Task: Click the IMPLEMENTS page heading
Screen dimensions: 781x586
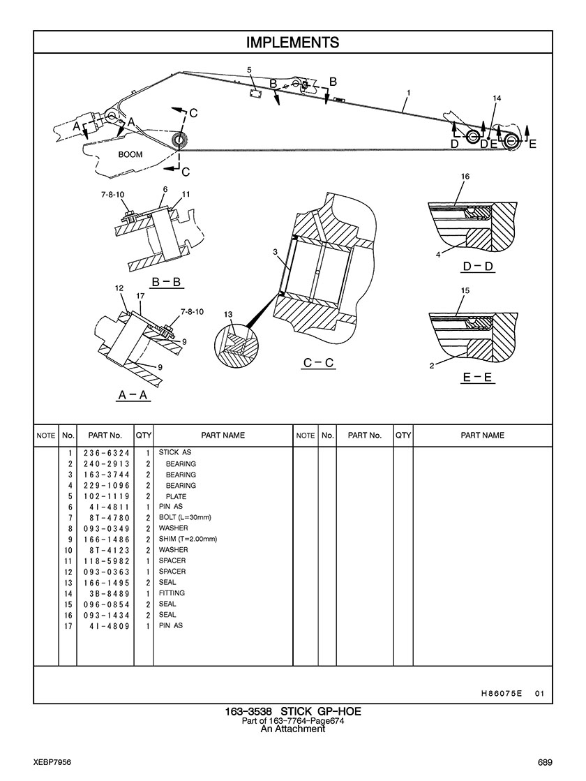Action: pyautogui.click(x=292, y=43)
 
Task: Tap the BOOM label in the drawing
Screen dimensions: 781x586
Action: pyautogui.click(x=130, y=154)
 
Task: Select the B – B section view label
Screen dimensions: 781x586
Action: pyautogui.click(x=167, y=282)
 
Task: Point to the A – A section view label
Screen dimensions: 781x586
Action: pyautogui.click(x=133, y=395)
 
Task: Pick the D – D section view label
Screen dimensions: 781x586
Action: pyautogui.click(x=478, y=267)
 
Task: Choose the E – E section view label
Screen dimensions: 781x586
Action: pyautogui.click(x=478, y=378)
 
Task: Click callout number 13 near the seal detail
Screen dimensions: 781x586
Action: pyautogui.click(x=228, y=315)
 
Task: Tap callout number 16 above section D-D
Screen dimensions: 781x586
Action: pyautogui.click(x=465, y=177)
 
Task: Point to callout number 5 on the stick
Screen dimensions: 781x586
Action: pyautogui.click(x=249, y=70)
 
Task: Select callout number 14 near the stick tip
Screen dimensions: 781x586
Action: pyautogui.click(x=497, y=98)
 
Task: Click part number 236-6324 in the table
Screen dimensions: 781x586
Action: pyautogui.click(x=107, y=453)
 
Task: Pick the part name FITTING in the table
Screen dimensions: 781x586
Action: pyautogui.click(x=172, y=593)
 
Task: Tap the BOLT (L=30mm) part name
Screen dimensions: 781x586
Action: pyautogui.click(x=184, y=517)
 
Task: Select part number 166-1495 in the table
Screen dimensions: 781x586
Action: pyautogui.click(x=107, y=582)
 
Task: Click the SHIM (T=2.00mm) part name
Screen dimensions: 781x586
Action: pyautogui.click(x=188, y=539)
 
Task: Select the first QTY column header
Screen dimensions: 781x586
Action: pyautogui.click(x=144, y=436)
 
